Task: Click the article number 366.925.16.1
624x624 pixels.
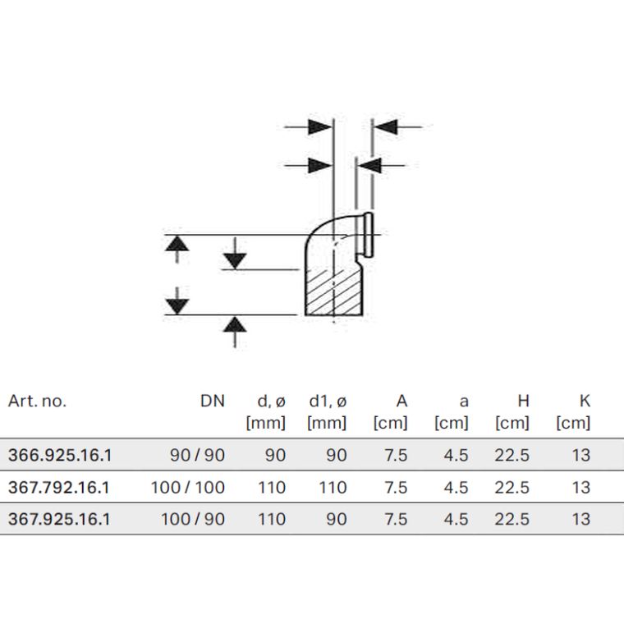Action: click(60, 455)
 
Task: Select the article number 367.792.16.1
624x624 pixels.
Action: click(58, 488)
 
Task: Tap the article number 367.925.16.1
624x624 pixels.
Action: click(59, 520)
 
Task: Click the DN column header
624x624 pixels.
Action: click(213, 401)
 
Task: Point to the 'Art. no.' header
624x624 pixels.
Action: click(37, 401)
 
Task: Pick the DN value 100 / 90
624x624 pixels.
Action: click(193, 520)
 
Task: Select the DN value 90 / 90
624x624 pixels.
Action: click(197, 455)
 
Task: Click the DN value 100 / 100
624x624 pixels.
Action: click(188, 488)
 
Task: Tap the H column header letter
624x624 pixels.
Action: click(523, 401)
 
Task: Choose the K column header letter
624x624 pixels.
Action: click(585, 401)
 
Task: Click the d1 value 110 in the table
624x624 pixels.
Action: click(333, 488)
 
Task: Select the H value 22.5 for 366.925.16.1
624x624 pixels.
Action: click(512, 455)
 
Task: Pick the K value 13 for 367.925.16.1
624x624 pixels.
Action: click(581, 520)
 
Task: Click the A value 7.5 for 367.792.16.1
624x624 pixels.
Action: click(396, 488)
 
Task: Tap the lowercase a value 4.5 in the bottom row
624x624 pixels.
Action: click(456, 520)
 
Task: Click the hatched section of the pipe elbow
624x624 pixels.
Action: click(333, 291)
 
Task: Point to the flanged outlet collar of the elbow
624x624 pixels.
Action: click(369, 235)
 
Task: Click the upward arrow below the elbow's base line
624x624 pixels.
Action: click(235, 332)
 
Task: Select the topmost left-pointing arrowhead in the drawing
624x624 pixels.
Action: click(386, 127)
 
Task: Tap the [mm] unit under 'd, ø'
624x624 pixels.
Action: click(266, 423)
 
